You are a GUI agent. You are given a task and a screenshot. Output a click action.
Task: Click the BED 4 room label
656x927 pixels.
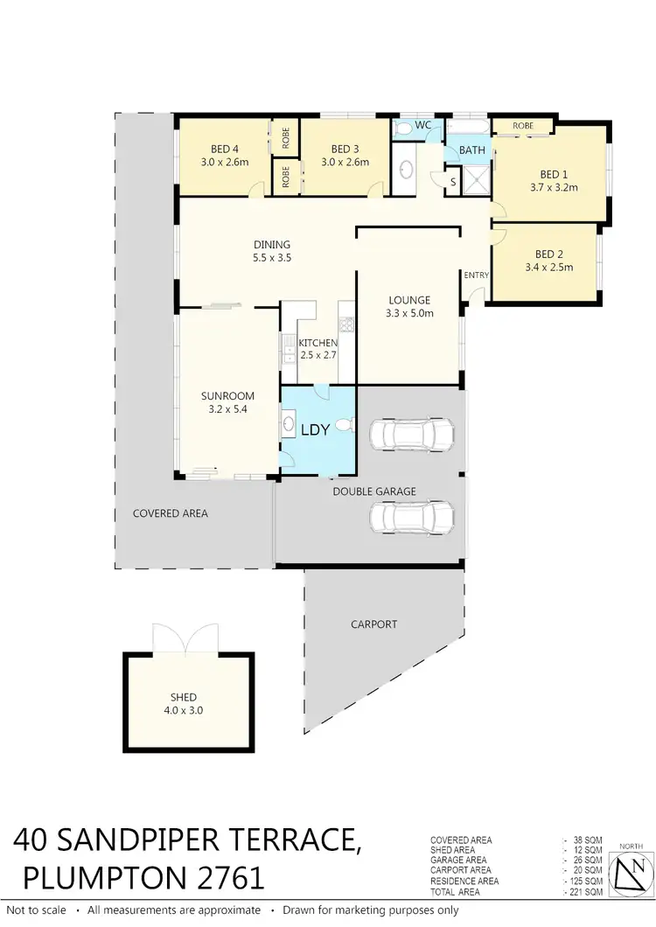pyautogui.click(x=224, y=149)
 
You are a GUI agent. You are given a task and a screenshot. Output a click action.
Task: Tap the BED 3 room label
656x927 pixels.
pyautogui.click(x=345, y=149)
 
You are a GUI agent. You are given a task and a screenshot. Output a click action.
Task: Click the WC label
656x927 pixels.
pyautogui.click(x=423, y=125)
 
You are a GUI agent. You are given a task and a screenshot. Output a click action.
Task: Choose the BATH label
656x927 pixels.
pyautogui.click(x=472, y=150)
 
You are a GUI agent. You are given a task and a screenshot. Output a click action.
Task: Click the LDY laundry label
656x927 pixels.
pyautogui.click(x=315, y=431)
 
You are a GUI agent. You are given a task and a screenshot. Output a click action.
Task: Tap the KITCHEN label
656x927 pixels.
pyautogui.click(x=318, y=342)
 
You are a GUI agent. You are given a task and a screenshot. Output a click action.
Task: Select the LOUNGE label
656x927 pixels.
pyautogui.click(x=410, y=300)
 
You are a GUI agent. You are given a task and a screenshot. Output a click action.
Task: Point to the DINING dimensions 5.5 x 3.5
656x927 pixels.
pyautogui.click(x=271, y=258)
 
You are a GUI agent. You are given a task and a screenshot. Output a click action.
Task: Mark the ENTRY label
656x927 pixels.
pyautogui.click(x=477, y=275)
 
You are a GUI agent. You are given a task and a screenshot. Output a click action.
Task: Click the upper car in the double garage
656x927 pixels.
pyautogui.click(x=412, y=433)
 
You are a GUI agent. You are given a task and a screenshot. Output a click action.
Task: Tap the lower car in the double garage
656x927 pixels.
pyautogui.click(x=412, y=517)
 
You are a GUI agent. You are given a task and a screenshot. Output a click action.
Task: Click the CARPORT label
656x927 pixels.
pyautogui.click(x=373, y=624)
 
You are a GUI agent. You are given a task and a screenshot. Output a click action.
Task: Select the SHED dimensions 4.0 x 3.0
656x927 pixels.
pyautogui.click(x=184, y=711)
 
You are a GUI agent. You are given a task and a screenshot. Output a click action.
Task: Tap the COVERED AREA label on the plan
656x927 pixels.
pyautogui.click(x=171, y=513)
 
